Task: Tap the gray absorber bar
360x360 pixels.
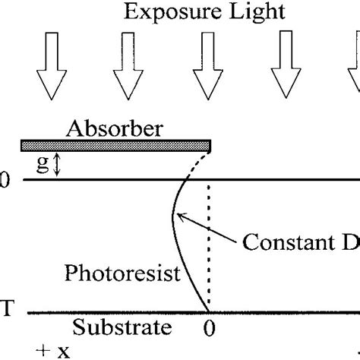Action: tap(114, 144)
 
